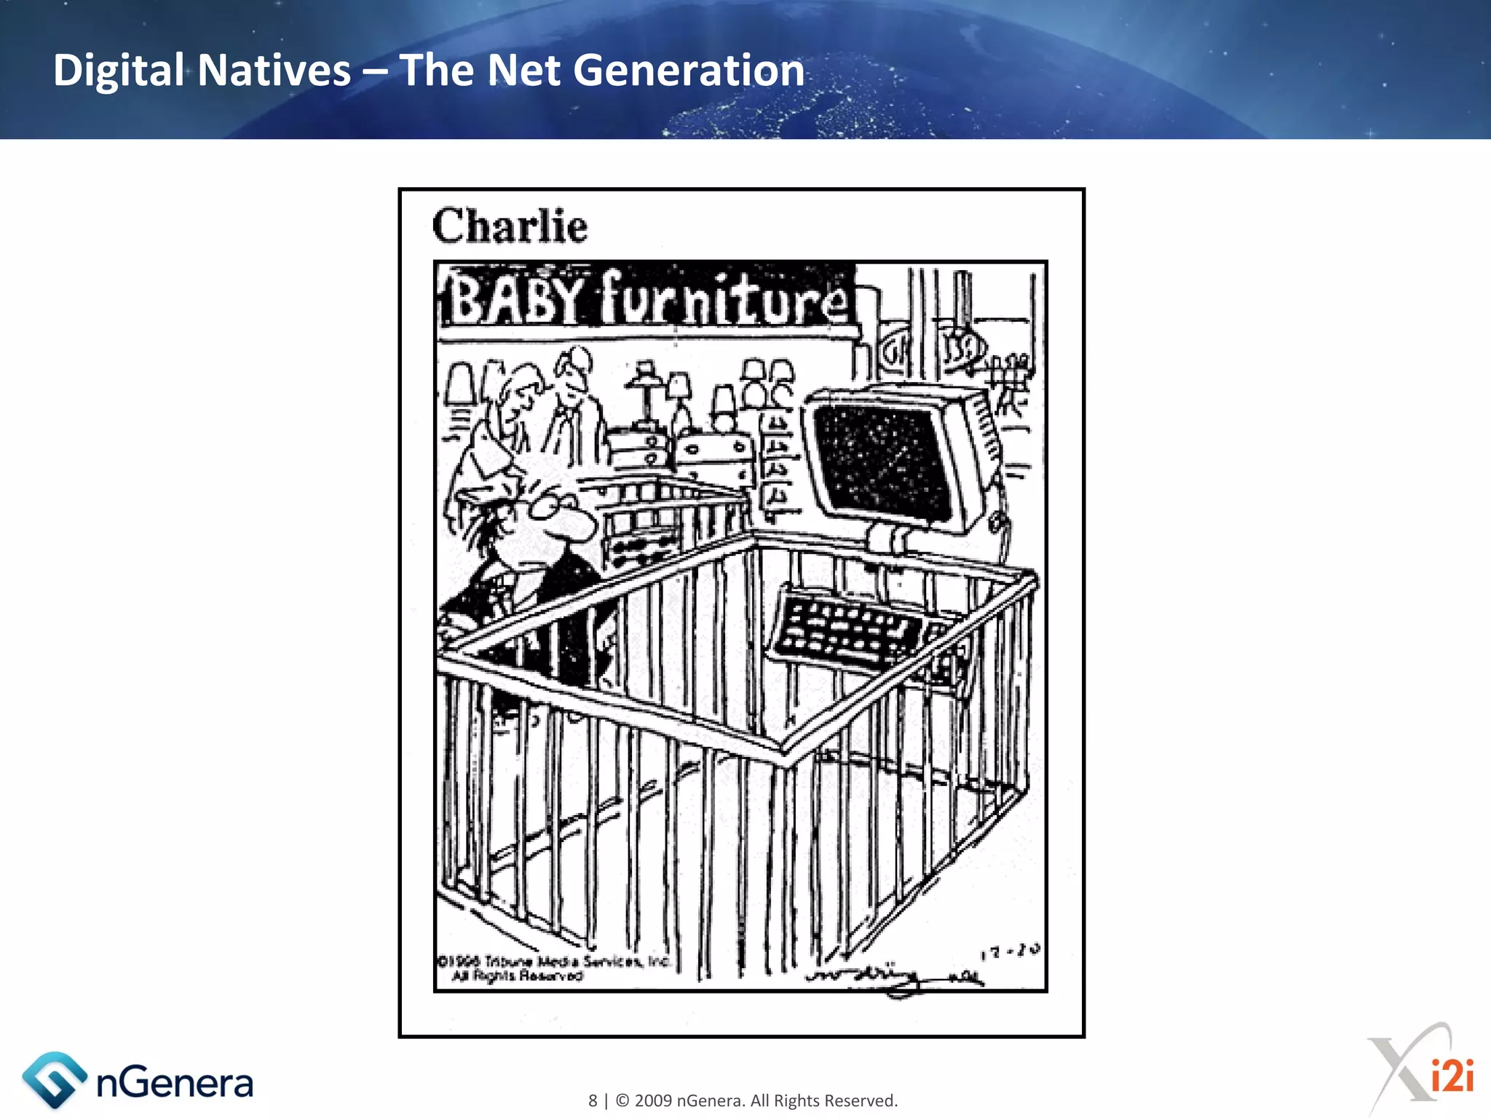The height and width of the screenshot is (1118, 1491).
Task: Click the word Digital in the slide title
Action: [118, 71]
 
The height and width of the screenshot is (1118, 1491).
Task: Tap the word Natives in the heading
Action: [274, 71]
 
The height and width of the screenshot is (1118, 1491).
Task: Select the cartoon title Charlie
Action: [510, 226]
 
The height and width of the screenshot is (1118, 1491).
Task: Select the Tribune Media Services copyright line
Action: [553, 962]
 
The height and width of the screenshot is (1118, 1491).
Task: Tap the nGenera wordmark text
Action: [175, 1083]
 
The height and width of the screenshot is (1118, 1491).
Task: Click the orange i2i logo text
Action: [1452, 1076]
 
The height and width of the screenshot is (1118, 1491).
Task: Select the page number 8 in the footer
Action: [593, 1101]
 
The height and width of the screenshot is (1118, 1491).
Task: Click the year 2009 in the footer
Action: [653, 1101]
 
